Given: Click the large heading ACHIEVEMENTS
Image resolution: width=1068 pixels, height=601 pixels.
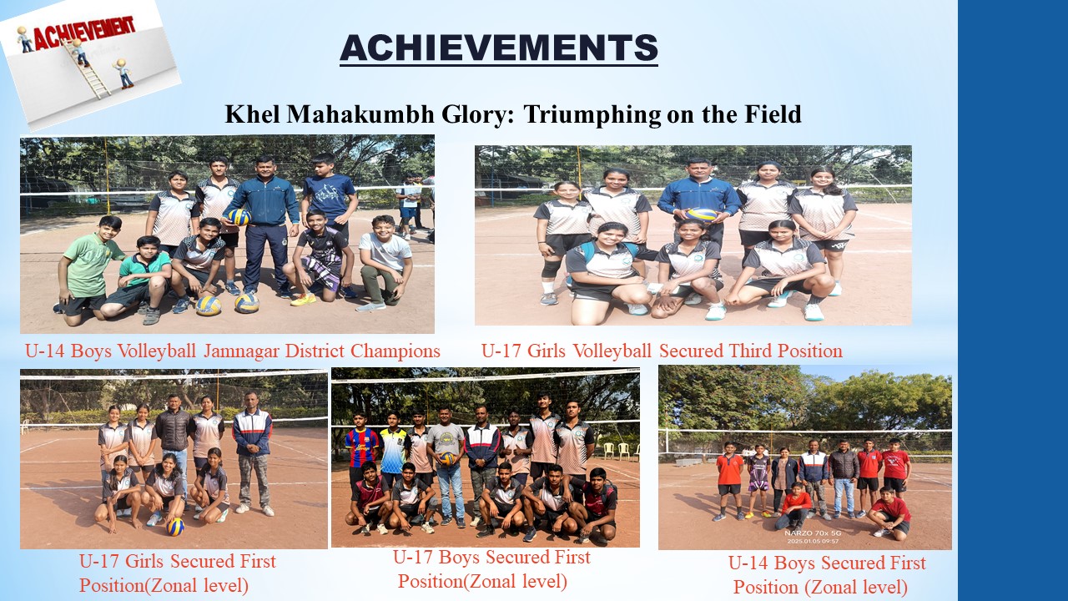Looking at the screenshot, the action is coord(499,48).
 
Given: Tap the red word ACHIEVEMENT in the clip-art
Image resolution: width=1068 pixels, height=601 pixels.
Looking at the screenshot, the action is coord(84,33).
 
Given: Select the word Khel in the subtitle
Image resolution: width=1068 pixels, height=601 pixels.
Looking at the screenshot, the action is coord(253,114).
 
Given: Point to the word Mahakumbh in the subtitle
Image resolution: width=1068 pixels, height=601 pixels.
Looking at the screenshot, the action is coord(360,114).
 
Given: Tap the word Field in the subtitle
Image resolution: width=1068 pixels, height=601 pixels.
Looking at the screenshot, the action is coord(772,114).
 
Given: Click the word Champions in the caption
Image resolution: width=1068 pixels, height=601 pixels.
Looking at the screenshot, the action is coord(395,352).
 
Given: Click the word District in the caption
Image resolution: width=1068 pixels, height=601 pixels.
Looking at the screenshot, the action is coord(315,351).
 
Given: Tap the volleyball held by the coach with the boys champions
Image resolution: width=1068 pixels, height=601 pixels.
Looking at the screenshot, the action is coord(239,216).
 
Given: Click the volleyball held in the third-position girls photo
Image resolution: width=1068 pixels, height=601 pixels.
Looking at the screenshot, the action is coord(702,215).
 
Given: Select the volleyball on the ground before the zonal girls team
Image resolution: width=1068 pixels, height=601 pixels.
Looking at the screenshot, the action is coord(175,527).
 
